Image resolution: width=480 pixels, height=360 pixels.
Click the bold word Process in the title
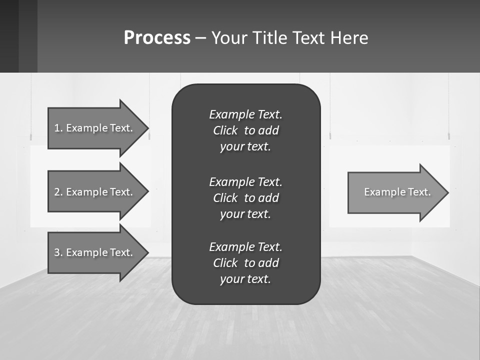(157, 38)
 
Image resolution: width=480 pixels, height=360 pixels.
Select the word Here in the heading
(348, 38)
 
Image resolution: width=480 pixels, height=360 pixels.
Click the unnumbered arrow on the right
(395, 192)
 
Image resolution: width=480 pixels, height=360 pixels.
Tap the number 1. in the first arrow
(58, 128)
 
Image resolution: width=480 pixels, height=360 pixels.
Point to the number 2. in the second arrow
(58, 192)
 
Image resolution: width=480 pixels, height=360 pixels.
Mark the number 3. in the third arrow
(58, 252)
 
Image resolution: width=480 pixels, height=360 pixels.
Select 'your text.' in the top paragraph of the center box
(245, 147)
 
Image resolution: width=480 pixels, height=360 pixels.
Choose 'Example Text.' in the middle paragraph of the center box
(245, 181)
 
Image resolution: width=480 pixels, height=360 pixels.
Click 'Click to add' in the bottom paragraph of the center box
(245, 263)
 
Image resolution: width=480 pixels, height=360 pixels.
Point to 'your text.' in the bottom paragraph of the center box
(245, 279)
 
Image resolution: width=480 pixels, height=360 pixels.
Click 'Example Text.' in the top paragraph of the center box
(245, 114)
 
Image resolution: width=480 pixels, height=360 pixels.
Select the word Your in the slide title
(229, 38)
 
